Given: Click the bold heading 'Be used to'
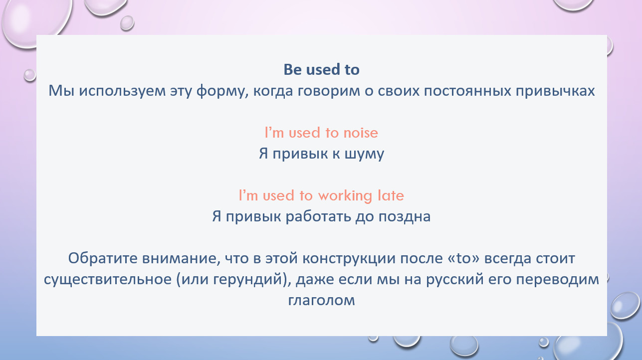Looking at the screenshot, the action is [x=321, y=70].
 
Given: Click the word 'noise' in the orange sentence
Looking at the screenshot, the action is [x=361, y=133].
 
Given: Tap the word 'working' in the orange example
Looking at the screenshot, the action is [x=345, y=196].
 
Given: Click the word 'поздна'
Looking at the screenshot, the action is [x=405, y=217].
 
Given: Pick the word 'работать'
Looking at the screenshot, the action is [x=318, y=216].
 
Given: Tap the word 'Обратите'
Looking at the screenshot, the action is [x=103, y=258].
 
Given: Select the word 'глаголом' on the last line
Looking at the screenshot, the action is [x=321, y=301].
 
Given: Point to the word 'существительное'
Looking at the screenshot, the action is [x=108, y=280].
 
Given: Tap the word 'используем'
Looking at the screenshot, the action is [x=122, y=91].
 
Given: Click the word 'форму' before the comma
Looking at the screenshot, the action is [x=220, y=91].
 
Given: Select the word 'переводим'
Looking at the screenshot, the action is [x=558, y=280].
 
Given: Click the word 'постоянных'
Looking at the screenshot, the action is [x=467, y=91].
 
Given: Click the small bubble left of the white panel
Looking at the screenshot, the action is [x=30, y=75].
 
